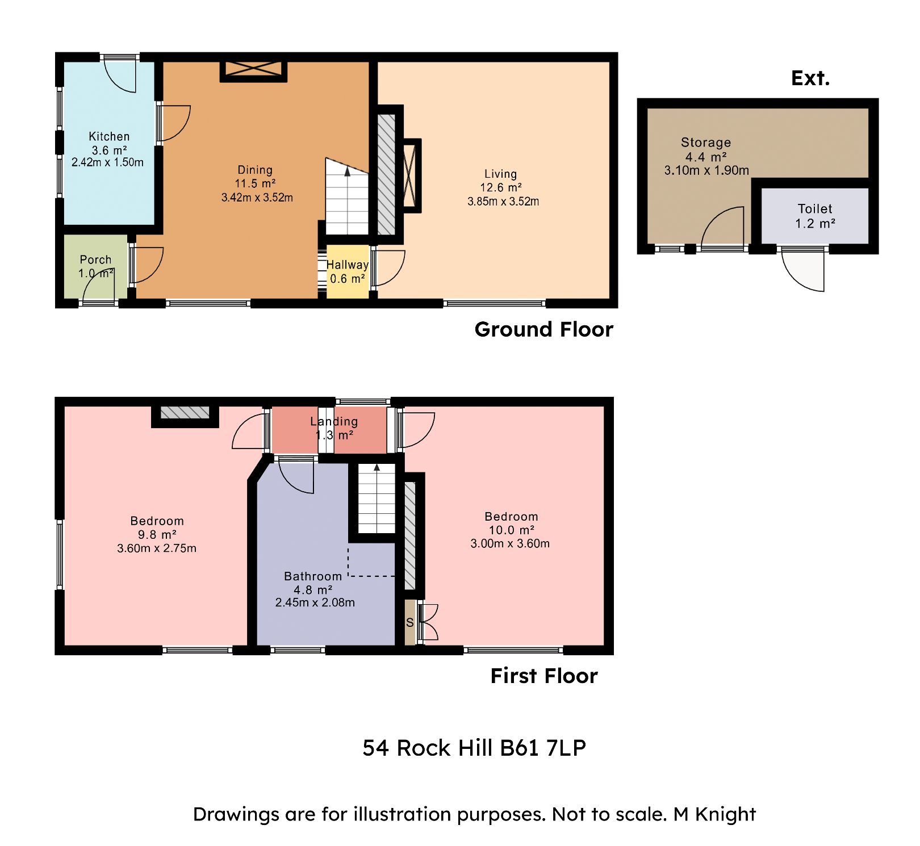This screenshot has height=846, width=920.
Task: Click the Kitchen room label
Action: point(109,136)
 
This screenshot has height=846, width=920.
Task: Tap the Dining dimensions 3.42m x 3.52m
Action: point(257,198)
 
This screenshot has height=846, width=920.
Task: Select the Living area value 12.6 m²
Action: point(500,187)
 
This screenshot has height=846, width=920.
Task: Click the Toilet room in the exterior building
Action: point(814,216)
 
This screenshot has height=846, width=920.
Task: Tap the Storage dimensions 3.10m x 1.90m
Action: point(706,170)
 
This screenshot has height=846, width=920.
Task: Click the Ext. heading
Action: point(810,78)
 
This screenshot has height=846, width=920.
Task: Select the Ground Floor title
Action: point(543,329)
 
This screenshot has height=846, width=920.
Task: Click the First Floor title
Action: point(543,676)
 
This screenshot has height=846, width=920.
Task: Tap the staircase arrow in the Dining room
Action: point(348,171)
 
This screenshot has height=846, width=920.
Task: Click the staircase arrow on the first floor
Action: point(377,468)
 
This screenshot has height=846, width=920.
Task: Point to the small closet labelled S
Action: point(409,623)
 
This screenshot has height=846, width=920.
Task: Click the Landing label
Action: point(334,421)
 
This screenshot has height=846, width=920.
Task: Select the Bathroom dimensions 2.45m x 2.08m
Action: point(315,602)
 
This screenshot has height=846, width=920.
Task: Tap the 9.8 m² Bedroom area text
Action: point(157,534)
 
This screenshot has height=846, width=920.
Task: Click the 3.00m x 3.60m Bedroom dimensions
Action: point(510,543)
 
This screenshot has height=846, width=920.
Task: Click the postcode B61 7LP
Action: point(543,748)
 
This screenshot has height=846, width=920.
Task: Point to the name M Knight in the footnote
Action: point(714,814)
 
